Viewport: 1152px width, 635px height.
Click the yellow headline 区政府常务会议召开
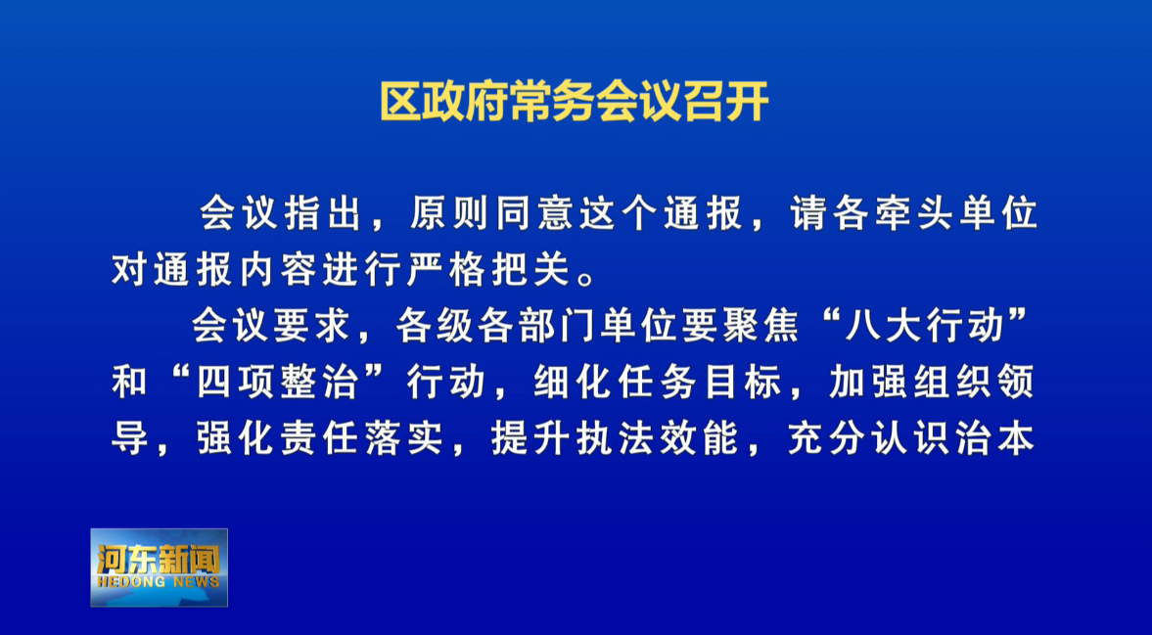pos(575,102)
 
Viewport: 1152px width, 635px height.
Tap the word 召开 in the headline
pos(726,102)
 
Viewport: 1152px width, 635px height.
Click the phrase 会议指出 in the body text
pos(281,214)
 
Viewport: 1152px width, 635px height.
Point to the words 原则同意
pos(492,214)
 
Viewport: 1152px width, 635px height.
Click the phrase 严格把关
pos(487,271)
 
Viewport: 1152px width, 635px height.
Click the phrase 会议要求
pos(272,327)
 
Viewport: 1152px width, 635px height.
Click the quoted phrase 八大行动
pos(924,327)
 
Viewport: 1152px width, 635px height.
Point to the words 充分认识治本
pos(912,439)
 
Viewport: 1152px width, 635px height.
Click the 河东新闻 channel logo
pos(159,567)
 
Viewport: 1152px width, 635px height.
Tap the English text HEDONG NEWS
pos(159,582)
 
